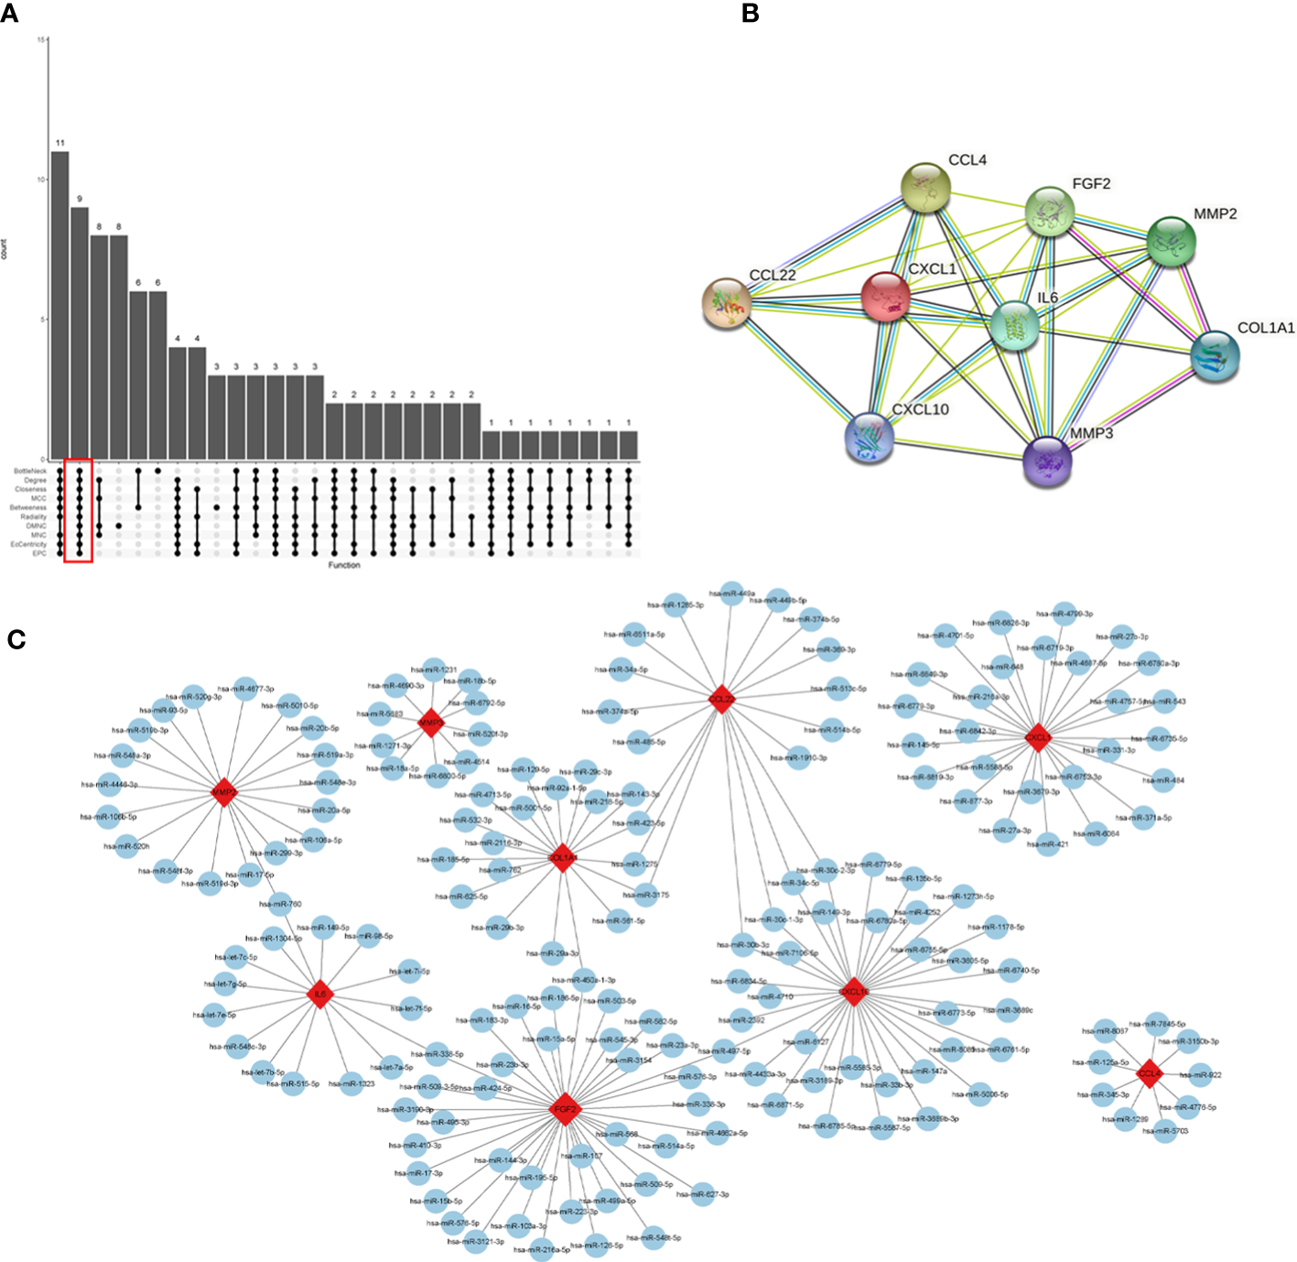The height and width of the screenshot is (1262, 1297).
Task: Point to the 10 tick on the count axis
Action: [x=41, y=180]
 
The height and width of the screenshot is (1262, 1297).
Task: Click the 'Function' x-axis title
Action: [x=344, y=565]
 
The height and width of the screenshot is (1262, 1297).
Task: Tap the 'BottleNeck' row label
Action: [x=30, y=471]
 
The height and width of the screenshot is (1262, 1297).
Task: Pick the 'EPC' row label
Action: [x=39, y=553]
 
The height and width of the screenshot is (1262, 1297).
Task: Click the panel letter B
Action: [x=750, y=13]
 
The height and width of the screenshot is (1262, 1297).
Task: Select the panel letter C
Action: [x=16, y=639]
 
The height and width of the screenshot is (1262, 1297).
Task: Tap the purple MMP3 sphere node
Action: [x=1046, y=460]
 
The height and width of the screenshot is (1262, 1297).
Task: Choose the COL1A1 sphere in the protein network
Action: [x=1216, y=356]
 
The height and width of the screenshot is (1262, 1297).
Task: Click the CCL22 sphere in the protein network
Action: [x=727, y=303]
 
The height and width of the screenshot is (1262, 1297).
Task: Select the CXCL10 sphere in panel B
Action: [x=869, y=437]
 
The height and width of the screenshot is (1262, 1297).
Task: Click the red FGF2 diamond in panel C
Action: [x=566, y=1109]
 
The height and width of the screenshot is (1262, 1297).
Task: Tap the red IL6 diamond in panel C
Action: [x=319, y=994]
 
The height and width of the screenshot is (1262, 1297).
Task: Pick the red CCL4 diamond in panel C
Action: [x=1149, y=1073]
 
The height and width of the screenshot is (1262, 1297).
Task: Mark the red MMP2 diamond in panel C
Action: [x=224, y=792]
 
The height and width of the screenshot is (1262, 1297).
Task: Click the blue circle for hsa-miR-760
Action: [x=281, y=904]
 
